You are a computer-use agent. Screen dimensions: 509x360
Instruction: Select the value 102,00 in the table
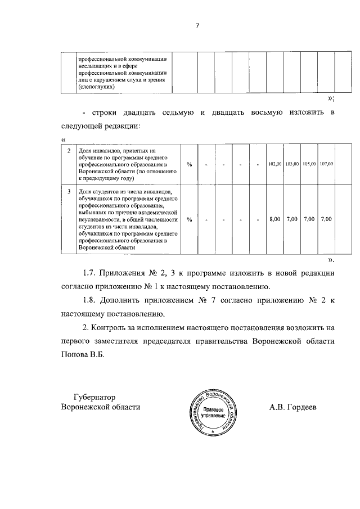(274, 164)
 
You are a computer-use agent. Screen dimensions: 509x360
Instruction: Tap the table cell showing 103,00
(291, 164)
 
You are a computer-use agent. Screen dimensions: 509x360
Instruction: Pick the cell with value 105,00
(309, 164)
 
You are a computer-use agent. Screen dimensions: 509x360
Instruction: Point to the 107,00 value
(326, 164)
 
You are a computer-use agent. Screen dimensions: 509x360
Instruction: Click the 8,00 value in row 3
(274, 219)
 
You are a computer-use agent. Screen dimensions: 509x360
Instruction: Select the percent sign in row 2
(189, 164)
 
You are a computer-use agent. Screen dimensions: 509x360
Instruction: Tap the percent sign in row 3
(189, 219)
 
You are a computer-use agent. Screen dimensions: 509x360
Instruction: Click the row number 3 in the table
(69, 192)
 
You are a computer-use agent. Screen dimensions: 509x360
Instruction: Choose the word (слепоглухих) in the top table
(97, 87)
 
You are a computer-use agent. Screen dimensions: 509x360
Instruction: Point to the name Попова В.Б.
(83, 355)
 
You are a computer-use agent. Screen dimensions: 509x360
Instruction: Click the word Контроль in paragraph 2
(115, 327)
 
